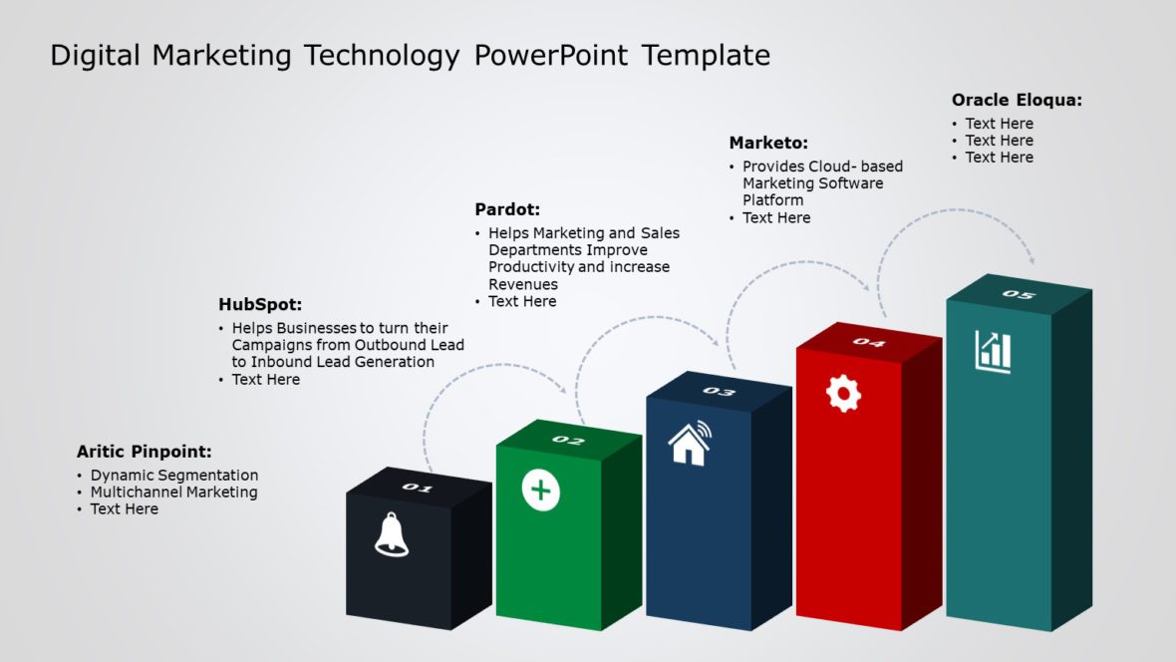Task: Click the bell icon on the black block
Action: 392,534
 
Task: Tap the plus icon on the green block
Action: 541,491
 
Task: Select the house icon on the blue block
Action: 689,444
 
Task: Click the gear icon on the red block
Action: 843,393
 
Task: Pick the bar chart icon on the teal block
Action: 993,352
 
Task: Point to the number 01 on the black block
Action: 418,488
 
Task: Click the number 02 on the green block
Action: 568,440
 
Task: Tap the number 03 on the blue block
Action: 719,391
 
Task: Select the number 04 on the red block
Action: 868,342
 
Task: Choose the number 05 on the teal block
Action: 1019,294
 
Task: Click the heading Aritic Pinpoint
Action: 145,452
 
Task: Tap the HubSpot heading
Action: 260,305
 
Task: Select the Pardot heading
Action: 507,209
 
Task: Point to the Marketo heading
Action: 768,144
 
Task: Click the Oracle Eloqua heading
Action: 1017,100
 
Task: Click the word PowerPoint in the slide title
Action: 551,55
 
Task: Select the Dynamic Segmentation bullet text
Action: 174,476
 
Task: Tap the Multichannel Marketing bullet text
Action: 174,493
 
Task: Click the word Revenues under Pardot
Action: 523,284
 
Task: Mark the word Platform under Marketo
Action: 773,200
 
